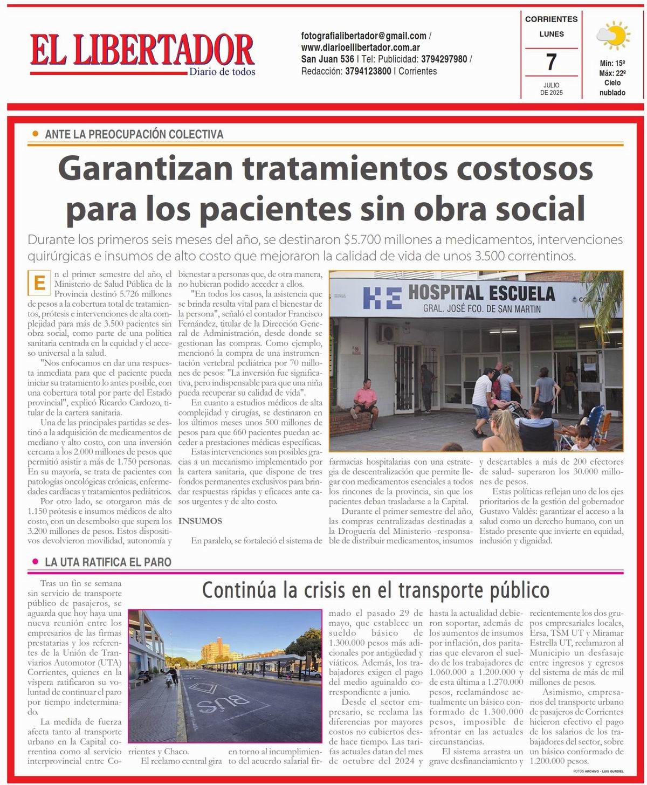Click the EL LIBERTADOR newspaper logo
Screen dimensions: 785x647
[x=142, y=51]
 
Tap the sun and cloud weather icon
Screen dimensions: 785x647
[x=612, y=36]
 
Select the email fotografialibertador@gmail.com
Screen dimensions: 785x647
[x=364, y=36]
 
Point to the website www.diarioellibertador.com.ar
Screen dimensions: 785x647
[x=361, y=47]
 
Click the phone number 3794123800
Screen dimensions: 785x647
[x=368, y=71]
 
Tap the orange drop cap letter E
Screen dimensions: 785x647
[x=39, y=283]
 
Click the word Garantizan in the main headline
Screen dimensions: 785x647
[x=145, y=169]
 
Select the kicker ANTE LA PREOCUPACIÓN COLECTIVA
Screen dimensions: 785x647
[x=134, y=134]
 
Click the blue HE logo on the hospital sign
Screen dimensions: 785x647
[x=381, y=299]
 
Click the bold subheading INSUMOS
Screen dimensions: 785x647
[x=200, y=521]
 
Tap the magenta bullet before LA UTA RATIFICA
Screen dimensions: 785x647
[x=35, y=562]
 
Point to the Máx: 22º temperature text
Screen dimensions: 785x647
[x=612, y=73]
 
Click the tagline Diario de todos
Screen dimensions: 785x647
[x=222, y=72]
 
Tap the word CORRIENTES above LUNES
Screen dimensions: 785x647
[x=551, y=19]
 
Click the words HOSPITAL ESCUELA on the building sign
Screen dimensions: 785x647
[x=481, y=293]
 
